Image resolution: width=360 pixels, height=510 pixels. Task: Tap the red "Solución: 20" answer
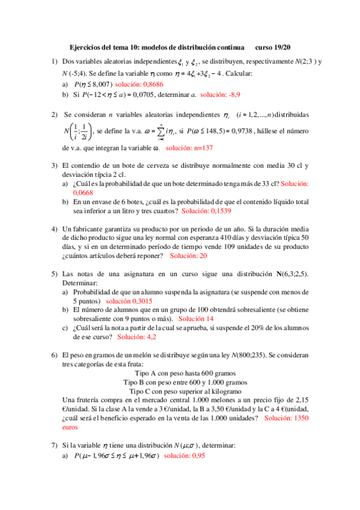click(189, 256)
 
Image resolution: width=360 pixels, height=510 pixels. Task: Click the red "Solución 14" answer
click(196, 318)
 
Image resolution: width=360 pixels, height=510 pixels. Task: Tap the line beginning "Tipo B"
click(180, 382)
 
